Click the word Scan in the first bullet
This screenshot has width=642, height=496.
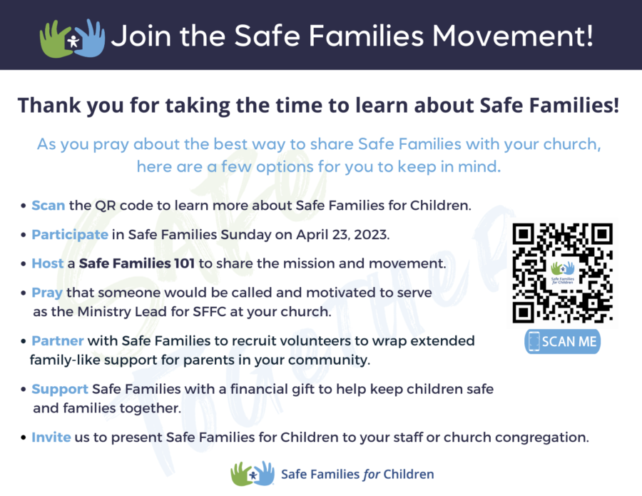point(49,206)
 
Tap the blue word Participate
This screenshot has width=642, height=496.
point(70,235)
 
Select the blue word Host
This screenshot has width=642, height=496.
point(48,263)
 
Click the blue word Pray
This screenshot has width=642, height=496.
point(47,293)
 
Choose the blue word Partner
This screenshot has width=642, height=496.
point(58,340)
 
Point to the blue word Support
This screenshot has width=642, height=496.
point(60,390)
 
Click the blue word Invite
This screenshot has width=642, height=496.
point(51,437)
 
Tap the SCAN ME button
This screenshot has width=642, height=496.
point(563,341)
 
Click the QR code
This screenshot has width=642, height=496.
point(563,273)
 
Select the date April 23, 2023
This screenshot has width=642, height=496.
point(342,235)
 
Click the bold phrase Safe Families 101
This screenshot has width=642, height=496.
point(137,263)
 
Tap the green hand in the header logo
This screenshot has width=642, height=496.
point(54,40)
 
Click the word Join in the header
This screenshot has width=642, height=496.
point(141,36)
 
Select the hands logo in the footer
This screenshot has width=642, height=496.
point(253,473)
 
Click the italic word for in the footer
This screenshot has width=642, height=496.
point(372,475)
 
